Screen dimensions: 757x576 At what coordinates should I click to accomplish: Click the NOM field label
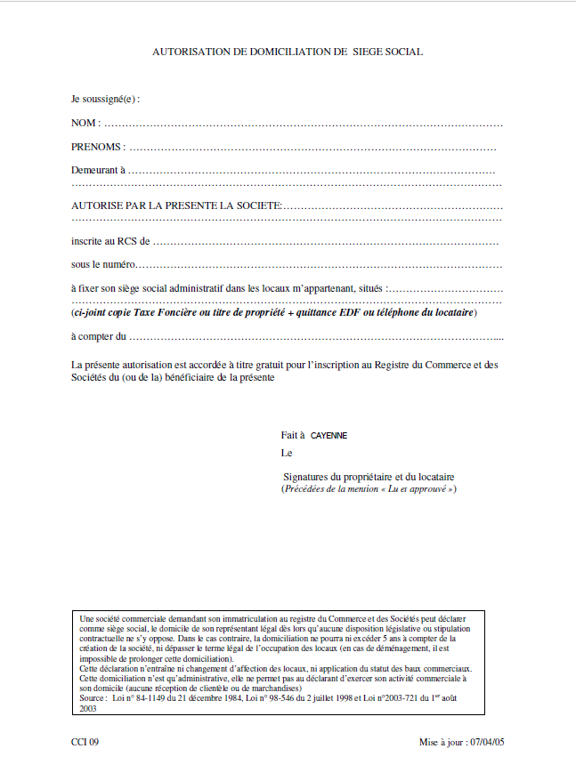pos(85,122)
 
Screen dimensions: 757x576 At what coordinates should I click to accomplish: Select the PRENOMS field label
pos(97,146)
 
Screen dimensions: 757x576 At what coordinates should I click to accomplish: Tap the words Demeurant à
pos(98,169)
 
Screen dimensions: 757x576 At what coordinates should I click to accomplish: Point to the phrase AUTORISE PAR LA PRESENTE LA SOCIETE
pos(176,205)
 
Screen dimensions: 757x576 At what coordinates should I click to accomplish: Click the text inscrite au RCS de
pos(110,240)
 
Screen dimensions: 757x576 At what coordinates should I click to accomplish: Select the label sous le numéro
pos(103,264)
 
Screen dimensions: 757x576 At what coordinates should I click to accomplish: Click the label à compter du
pos(99,336)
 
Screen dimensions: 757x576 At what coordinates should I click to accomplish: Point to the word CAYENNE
pos(329,436)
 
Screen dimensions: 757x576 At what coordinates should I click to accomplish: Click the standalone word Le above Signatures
pos(286,452)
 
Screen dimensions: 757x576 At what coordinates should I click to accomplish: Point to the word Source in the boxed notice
pos(92,698)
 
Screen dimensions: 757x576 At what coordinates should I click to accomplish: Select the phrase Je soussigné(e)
pos(105,98)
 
